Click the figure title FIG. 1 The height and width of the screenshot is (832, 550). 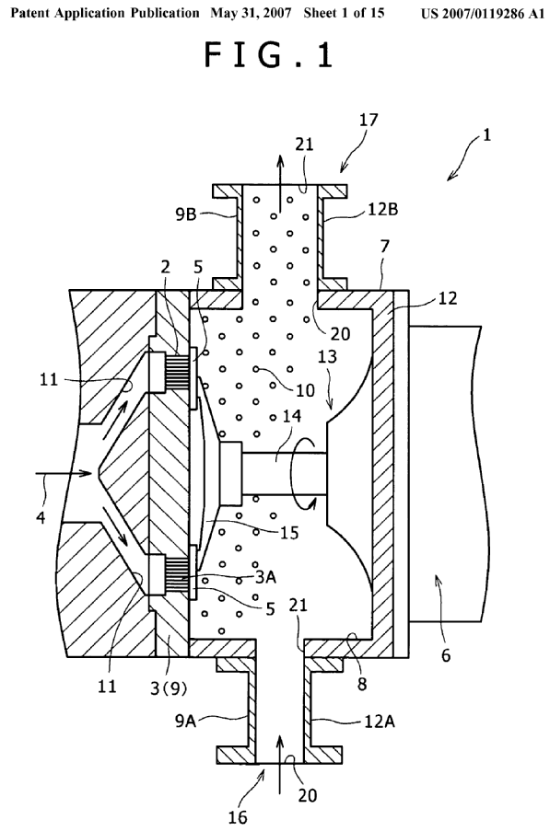click(x=268, y=55)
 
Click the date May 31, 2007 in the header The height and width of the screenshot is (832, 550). click(x=251, y=13)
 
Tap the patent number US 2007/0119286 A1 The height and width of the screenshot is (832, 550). click(x=483, y=13)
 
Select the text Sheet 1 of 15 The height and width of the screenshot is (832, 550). click(x=344, y=13)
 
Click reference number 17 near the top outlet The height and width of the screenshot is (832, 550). click(x=368, y=120)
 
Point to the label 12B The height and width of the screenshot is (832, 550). click(x=382, y=210)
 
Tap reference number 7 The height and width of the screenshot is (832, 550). click(x=385, y=247)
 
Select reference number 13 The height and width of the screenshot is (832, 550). click(x=328, y=355)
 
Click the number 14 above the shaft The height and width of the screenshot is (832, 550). click(x=291, y=416)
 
